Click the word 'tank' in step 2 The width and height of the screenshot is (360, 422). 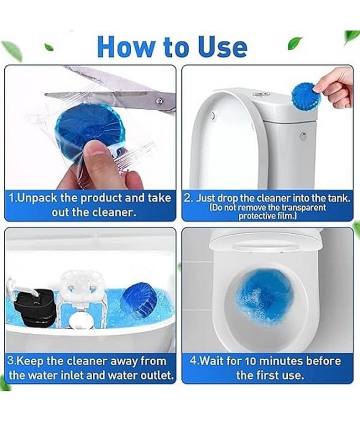point(335,198)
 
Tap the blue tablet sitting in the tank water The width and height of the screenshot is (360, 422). point(138,300)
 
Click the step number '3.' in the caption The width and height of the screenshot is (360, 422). point(13,362)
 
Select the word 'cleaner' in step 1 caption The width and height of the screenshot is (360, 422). point(115,212)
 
